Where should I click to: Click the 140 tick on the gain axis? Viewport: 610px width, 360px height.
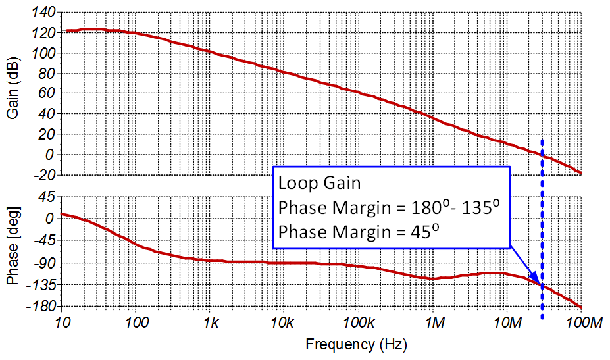tap(45, 12)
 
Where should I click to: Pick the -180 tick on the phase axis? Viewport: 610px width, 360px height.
tap(41, 307)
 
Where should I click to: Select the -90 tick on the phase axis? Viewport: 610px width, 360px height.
tap(44, 263)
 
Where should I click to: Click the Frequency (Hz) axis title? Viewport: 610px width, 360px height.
tap(356, 344)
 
